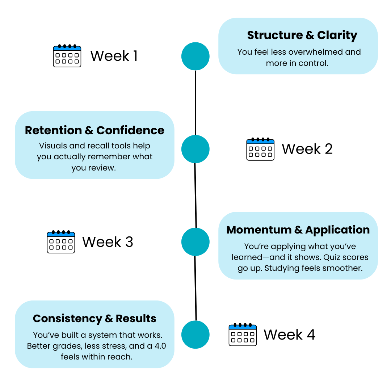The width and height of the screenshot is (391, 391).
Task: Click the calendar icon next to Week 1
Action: click(67, 56)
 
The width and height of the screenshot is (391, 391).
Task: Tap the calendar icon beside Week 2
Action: click(260, 149)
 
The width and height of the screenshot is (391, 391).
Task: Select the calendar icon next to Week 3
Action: click(61, 241)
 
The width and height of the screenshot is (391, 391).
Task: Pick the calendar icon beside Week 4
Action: click(243, 335)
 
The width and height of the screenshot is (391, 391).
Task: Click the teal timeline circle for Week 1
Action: click(195, 56)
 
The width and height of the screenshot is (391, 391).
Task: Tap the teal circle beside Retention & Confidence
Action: click(195, 149)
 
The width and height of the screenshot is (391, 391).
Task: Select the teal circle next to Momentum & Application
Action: click(195, 242)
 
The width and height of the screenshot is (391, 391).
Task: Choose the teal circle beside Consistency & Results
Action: click(195, 335)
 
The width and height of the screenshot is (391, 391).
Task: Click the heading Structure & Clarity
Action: click(302, 35)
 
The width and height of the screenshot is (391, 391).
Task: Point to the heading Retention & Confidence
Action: click(94, 130)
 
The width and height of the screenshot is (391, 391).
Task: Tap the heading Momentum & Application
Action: click(298, 230)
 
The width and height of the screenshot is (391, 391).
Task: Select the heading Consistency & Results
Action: click(94, 319)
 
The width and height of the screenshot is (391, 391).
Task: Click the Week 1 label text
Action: click(114, 56)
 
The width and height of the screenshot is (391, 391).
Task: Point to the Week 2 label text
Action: click(307, 149)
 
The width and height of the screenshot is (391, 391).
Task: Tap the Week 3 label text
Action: click(108, 242)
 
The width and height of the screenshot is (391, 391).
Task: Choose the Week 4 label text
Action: click(289, 335)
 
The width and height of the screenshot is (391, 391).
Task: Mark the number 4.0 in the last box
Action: click(158, 346)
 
